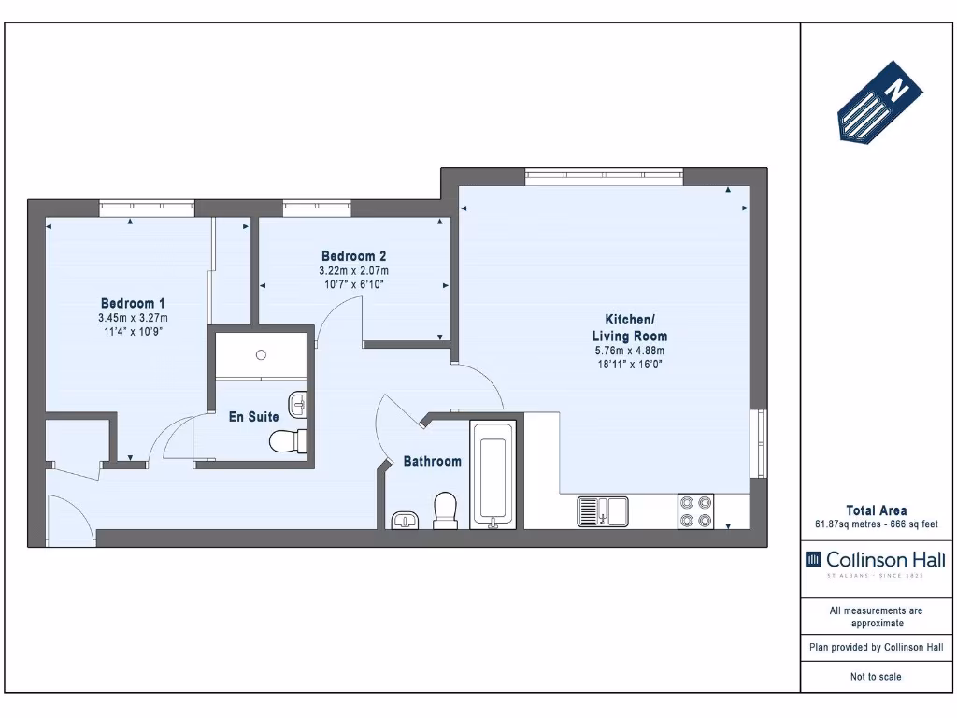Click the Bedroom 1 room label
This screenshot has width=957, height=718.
[x=133, y=303]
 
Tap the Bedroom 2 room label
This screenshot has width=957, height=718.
[x=353, y=255]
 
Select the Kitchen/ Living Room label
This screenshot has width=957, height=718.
[x=629, y=326]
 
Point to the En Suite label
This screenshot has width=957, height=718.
[x=253, y=416]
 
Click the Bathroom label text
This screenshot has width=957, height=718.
[x=432, y=461]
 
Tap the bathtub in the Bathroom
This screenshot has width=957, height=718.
[x=493, y=474]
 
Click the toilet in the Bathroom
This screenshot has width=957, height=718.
[x=446, y=510]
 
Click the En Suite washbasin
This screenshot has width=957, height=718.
[x=298, y=404]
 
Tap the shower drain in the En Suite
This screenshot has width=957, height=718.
[x=262, y=354]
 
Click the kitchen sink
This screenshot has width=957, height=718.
[x=603, y=511]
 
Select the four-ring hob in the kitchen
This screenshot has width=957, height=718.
[x=695, y=511]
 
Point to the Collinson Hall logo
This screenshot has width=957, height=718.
[x=875, y=561]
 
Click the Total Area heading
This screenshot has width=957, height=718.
[x=876, y=510]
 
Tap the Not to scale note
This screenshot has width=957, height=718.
[x=876, y=677]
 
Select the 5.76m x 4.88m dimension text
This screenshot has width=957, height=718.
[x=629, y=351]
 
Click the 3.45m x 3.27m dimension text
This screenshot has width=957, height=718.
[x=133, y=318]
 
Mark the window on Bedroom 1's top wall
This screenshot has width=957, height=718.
[x=147, y=208]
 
